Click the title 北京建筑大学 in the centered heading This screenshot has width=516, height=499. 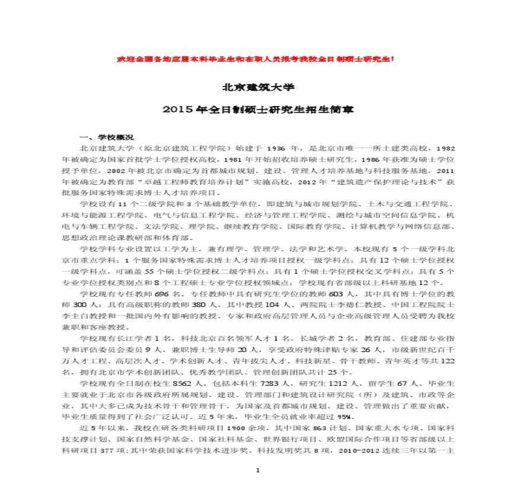(x=258, y=87)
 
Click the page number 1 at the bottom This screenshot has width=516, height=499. (x=257, y=470)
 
